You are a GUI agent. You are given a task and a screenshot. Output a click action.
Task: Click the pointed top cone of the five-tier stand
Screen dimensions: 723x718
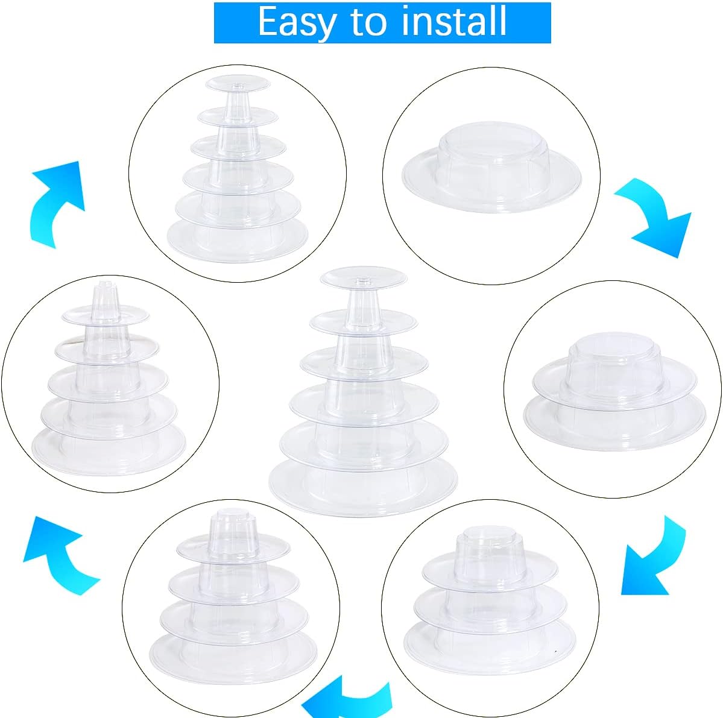[x=104, y=300]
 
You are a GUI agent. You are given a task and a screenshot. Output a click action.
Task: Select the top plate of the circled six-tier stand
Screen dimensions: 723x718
[x=236, y=83]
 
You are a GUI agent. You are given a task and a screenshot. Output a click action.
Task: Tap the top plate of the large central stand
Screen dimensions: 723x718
[x=364, y=278]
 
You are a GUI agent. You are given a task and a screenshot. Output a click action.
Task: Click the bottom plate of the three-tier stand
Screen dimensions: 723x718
[x=490, y=647]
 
